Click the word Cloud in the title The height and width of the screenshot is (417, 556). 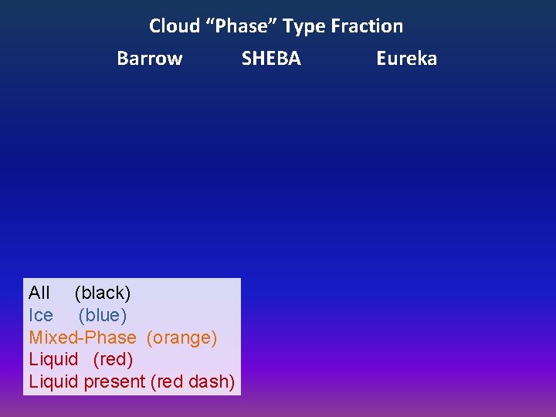click(175, 26)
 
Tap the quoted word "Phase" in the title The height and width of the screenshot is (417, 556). click(241, 26)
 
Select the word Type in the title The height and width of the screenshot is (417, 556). click(303, 26)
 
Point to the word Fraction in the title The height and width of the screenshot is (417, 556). click(367, 26)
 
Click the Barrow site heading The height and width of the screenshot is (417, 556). click(149, 59)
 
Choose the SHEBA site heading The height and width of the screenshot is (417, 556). click(271, 59)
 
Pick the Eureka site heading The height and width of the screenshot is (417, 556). click(406, 59)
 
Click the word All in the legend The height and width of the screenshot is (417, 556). click(39, 293)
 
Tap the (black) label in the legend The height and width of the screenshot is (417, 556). click(103, 293)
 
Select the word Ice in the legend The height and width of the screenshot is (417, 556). click(41, 315)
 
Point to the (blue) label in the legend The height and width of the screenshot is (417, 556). click(103, 315)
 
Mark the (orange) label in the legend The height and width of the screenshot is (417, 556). click(181, 337)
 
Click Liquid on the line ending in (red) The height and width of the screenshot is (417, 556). click(53, 359)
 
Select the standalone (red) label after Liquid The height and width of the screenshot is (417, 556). click(113, 359)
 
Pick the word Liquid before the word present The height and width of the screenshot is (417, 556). click(53, 381)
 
